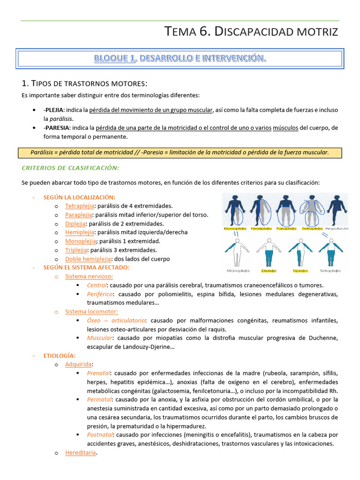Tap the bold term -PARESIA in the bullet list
(57, 128)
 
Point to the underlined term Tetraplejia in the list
(80, 206)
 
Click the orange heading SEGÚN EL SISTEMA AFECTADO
(86, 267)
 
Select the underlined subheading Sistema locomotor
(91, 311)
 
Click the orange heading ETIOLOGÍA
(59, 356)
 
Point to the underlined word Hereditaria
(81, 453)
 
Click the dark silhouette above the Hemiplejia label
(259, 209)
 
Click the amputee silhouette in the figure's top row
(337, 209)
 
